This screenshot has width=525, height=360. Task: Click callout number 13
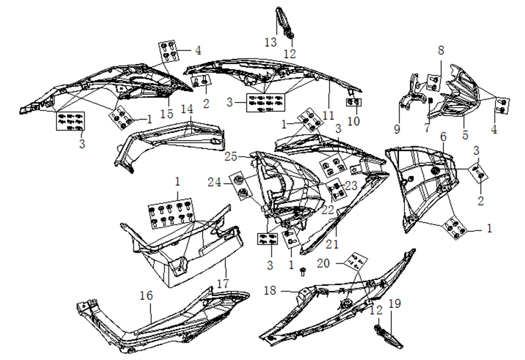pos(271,42)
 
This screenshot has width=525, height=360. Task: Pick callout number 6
pos(443,137)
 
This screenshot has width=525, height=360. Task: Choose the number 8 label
pos(441,50)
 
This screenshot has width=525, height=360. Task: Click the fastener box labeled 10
pos(355,102)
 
